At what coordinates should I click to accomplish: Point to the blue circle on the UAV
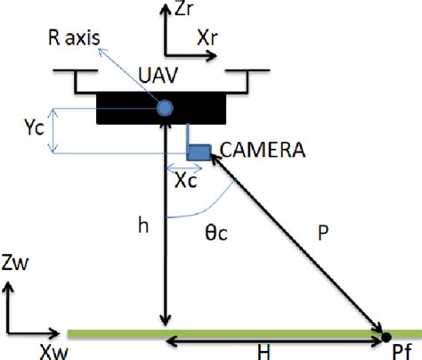[165, 109]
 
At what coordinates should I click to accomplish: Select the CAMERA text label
[260, 151]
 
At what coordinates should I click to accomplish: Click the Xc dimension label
[185, 181]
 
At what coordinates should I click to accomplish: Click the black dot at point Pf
[385, 336]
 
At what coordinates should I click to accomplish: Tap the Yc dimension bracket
[54, 129]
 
